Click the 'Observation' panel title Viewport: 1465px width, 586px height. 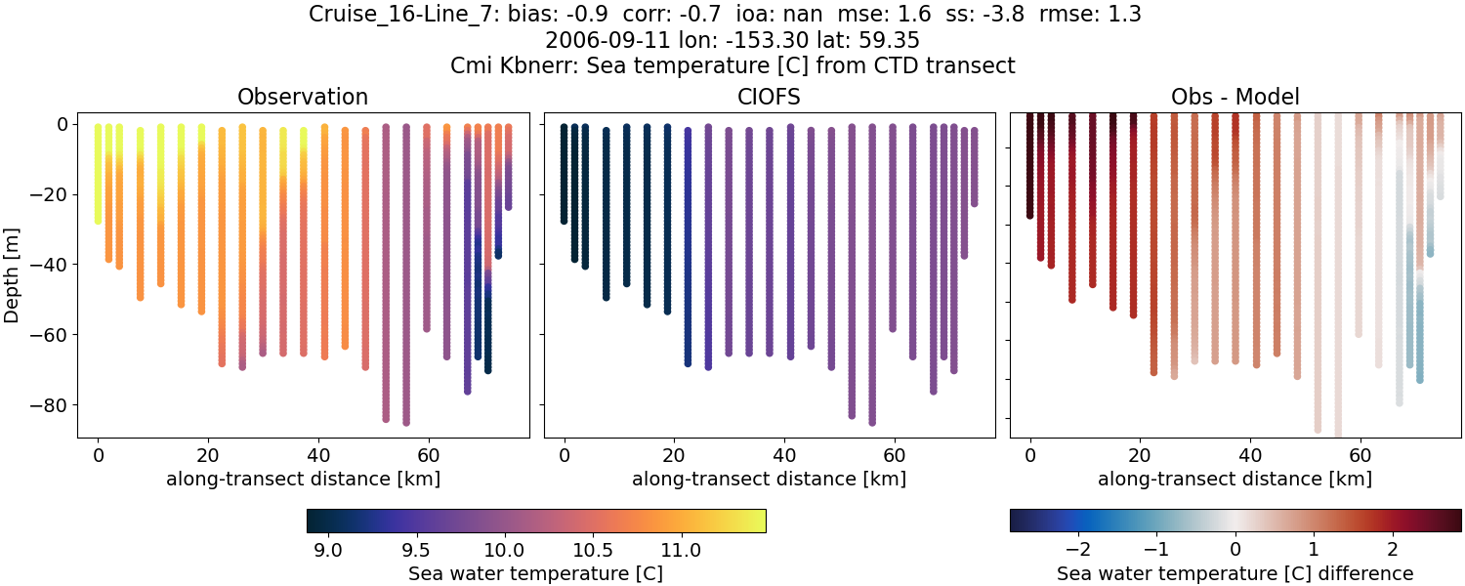(303, 97)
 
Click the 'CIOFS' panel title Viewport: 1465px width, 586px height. (769, 97)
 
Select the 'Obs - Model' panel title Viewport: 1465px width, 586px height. (1235, 97)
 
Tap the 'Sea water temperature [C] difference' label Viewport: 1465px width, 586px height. (1235, 573)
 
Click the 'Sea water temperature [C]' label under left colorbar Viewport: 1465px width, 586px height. (535, 573)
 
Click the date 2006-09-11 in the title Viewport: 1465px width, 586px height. (598, 41)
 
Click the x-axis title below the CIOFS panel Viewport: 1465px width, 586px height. (769, 479)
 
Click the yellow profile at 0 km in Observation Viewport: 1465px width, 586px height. (98, 176)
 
